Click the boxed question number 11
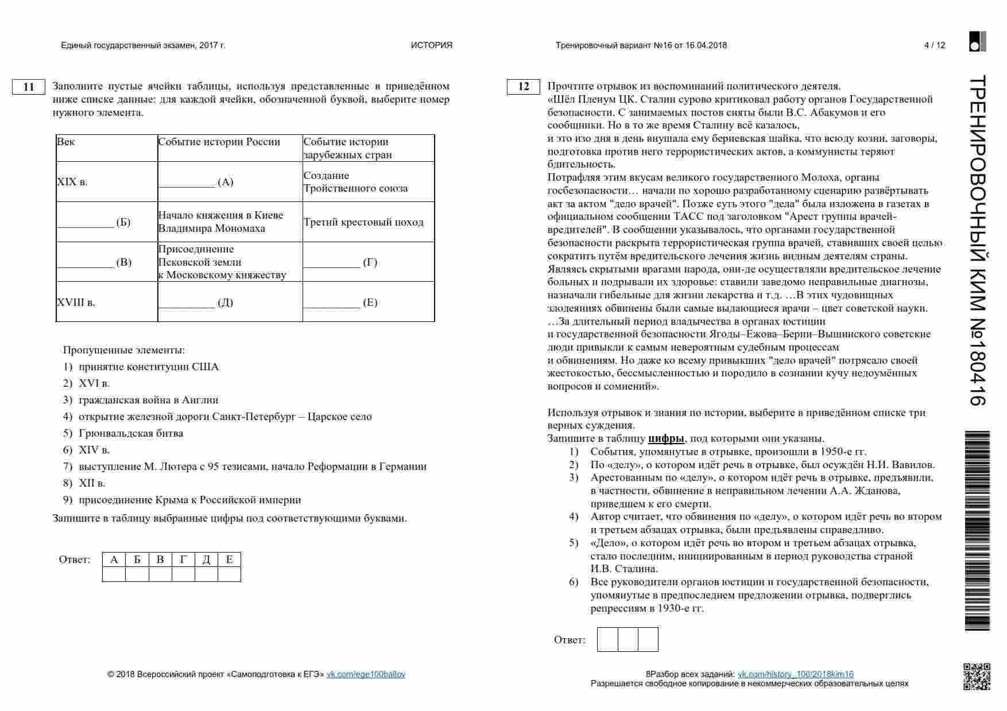pos(29,87)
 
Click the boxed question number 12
pos(523,87)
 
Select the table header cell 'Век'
pos(66,142)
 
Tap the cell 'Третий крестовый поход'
pos(363,222)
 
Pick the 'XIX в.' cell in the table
pos(72,182)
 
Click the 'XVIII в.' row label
pos(76,302)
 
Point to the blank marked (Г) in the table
pos(340,263)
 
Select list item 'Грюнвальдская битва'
pos(131,433)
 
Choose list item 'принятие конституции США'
pos(149,367)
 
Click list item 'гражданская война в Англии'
pos(148,400)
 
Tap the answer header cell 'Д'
pos(206,560)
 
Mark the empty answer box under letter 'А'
pos(114,574)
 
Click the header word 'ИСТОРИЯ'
pos(431,45)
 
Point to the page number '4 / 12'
pos(935,45)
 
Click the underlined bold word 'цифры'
pos(666,439)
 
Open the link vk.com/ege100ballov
pos(366,674)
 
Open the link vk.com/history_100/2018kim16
pos(795,674)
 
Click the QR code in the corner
pos(976,676)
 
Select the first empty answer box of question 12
pos(607,639)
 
